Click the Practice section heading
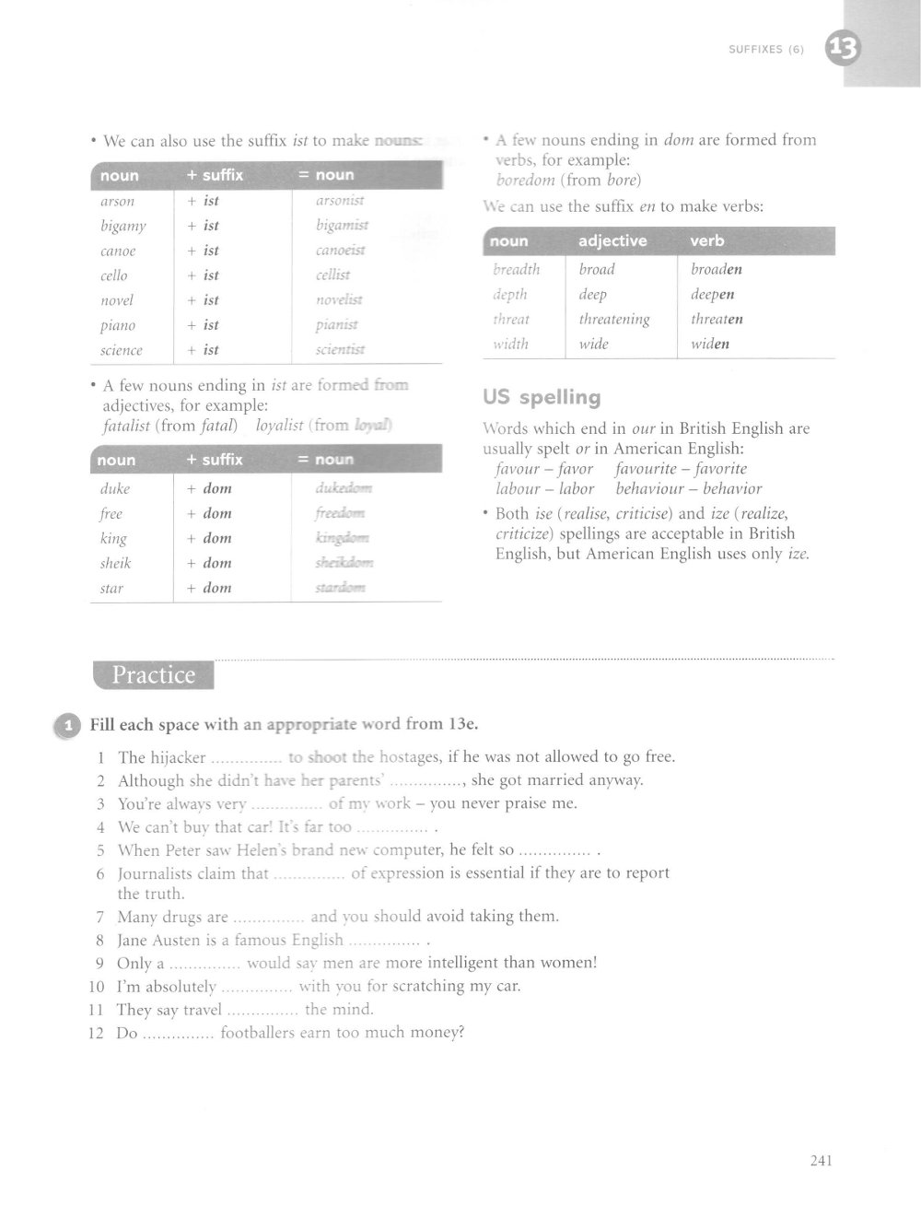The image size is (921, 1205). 154,675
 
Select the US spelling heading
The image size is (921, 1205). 542,398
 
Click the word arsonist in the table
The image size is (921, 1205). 340,201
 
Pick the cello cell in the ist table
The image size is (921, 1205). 114,275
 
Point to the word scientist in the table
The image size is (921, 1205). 341,350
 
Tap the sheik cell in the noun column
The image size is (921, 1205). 116,563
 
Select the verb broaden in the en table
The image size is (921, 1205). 717,270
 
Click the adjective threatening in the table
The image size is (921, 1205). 614,320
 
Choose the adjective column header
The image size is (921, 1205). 612,241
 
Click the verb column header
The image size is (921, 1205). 707,241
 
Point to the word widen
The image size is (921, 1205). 710,345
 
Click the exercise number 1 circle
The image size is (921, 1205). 67,725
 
